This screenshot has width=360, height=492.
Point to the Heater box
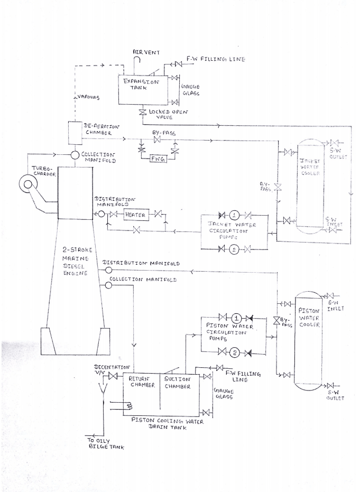tap(135, 215)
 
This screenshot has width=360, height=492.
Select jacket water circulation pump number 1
tap(234, 215)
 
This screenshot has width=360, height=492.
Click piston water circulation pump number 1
tap(236, 319)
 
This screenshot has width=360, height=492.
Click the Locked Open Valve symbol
tap(142, 114)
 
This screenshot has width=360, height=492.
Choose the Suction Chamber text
tap(177, 382)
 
